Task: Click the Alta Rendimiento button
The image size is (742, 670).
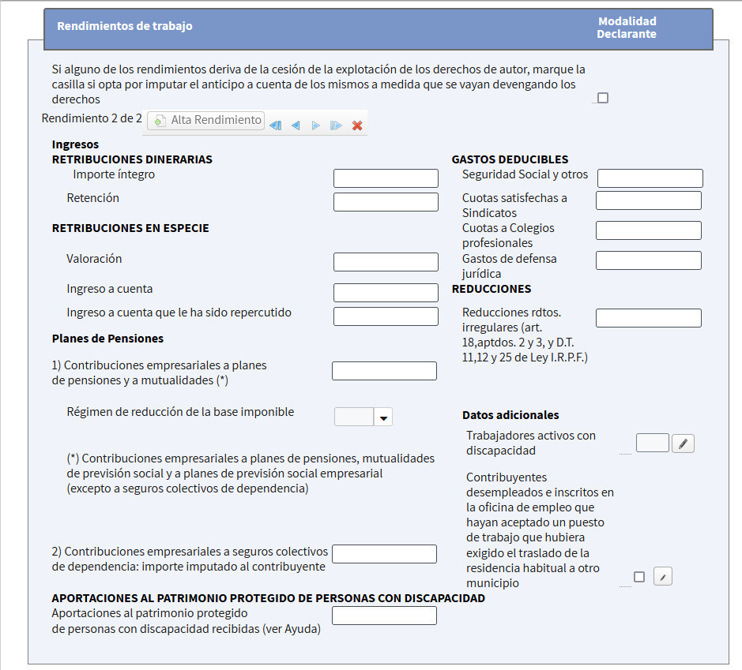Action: (205, 121)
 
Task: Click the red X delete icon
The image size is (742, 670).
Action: (357, 125)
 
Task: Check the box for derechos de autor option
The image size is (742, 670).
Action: (603, 99)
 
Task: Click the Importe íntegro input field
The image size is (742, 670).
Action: (386, 178)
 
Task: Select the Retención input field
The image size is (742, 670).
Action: (386, 202)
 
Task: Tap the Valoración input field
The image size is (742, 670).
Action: (386, 262)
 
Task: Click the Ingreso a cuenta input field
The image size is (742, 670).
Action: (386, 293)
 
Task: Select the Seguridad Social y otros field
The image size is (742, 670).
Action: (650, 178)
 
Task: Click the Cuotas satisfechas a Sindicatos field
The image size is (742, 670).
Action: (648, 200)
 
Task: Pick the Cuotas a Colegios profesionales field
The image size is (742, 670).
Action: (648, 230)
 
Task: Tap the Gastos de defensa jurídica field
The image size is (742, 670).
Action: (648, 260)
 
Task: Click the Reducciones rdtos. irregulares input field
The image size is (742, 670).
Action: (648, 318)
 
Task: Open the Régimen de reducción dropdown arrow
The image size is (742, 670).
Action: (383, 417)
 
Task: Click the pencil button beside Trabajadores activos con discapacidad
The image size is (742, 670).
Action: (683, 444)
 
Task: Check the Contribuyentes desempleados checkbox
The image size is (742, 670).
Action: (639, 577)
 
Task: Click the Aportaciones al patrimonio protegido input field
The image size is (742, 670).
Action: (384, 616)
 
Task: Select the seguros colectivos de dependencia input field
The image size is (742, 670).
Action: (384, 554)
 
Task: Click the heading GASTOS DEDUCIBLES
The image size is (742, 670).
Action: (510, 159)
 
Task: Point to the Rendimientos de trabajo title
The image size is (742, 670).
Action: (125, 26)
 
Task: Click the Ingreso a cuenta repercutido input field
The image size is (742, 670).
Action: (386, 316)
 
